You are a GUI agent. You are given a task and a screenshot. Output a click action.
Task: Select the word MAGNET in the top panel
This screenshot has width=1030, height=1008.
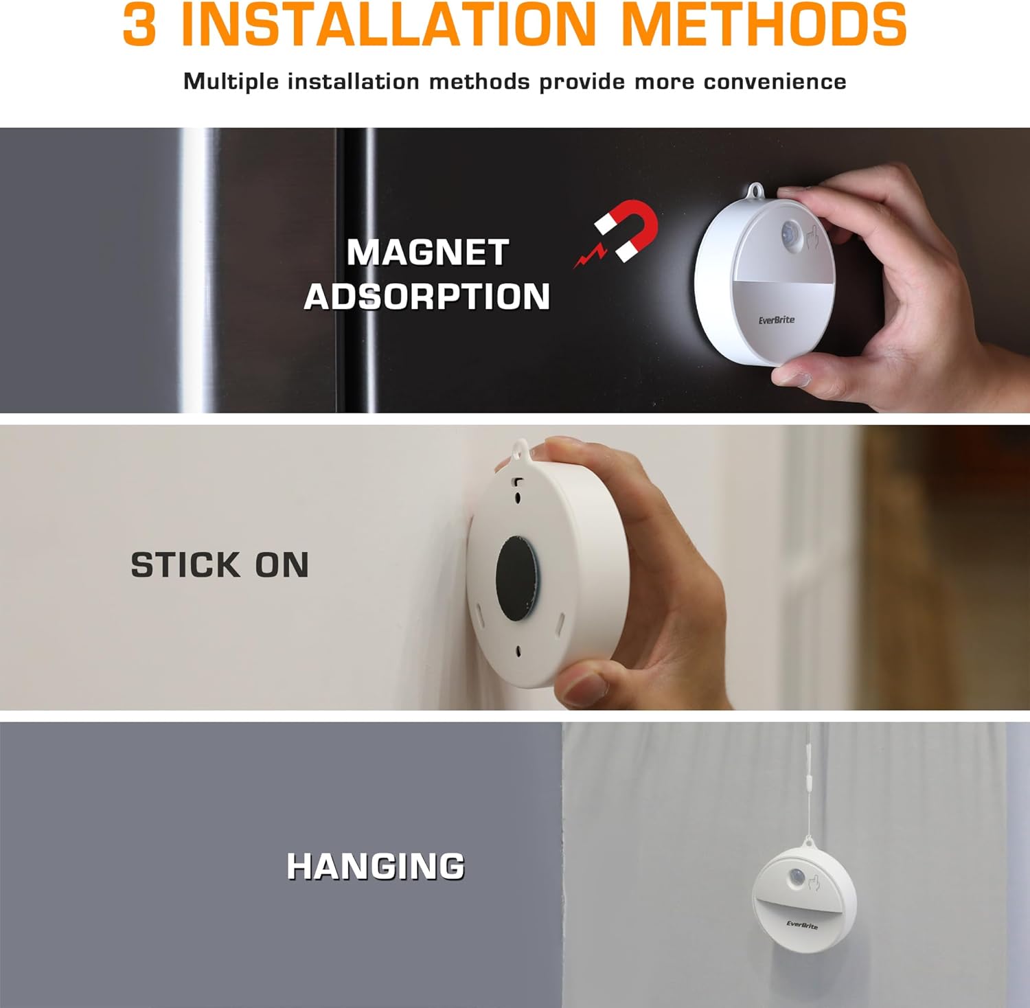point(427,253)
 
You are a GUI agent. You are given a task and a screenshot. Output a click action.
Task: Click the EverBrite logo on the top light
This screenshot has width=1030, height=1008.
point(777,320)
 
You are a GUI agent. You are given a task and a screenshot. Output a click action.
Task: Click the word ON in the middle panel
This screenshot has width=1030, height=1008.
point(282,565)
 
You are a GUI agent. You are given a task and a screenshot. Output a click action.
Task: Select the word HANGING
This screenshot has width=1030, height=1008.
point(376,867)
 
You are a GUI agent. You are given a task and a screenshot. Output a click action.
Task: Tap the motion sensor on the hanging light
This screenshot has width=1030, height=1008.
point(798,878)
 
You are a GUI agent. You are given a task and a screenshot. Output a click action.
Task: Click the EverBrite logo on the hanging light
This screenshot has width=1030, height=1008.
point(801,924)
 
